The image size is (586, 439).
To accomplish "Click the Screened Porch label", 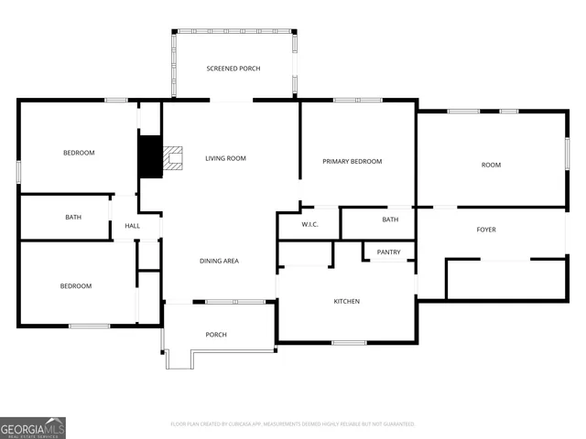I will click(233, 69).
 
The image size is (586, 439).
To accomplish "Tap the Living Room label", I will click(225, 158).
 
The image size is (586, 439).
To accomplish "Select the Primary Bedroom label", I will click(353, 162).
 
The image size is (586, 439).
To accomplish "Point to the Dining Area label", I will click(220, 262).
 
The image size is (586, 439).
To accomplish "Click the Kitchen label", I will click(346, 302).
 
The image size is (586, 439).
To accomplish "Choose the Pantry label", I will click(389, 252).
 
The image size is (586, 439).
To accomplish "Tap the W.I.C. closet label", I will click(309, 224).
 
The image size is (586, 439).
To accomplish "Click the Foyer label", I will click(486, 230).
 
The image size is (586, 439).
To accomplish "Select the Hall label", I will click(132, 226).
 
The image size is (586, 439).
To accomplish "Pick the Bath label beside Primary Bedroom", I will click(390, 219).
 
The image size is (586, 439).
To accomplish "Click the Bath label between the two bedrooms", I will click(73, 218).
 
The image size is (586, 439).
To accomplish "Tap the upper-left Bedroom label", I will click(79, 153).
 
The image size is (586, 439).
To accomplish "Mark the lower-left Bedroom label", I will click(76, 286).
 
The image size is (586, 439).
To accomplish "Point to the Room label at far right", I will click(492, 165).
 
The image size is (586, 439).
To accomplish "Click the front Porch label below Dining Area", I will click(216, 335).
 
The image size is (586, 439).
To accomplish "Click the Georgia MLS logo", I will click(33, 428).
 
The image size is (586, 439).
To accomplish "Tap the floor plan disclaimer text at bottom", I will click(293, 424).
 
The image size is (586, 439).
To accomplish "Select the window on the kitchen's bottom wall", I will click(349, 343).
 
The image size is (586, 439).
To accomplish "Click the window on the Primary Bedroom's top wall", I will click(358, 100).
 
